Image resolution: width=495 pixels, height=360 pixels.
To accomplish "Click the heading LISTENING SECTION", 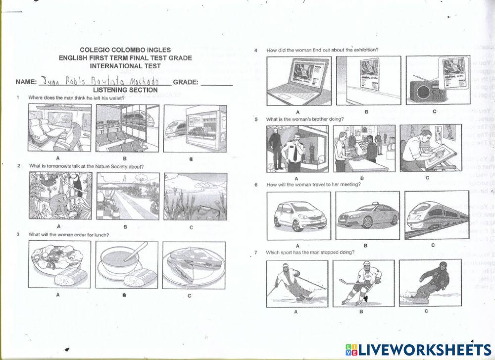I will pyautogui.click(x=125, y=90).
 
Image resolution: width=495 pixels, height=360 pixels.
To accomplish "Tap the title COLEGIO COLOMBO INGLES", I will pyautogui.click(x=125, y=50).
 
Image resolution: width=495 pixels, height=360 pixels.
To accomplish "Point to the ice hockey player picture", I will pyautogui.click(x=363, y=283).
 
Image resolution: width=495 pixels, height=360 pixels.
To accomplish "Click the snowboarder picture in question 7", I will pyautogui.click(x=430, y=283).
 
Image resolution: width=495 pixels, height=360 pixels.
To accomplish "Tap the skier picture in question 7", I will pyautogui.click(x=297, y=283).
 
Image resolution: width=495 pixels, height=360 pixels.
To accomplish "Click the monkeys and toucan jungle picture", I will pyautogui.click(x=60, y=197).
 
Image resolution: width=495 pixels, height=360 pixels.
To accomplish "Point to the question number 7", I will pyautogui.click(x=256, y=253).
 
